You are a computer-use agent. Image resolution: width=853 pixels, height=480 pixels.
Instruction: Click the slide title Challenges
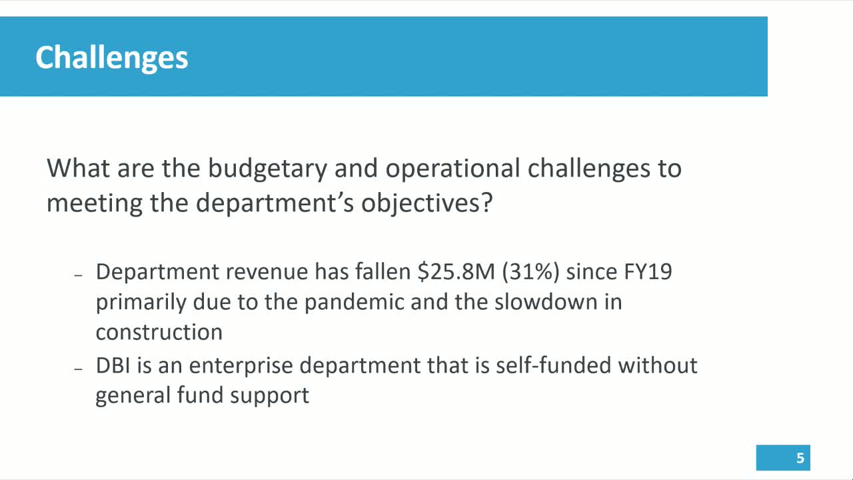click(111, 57)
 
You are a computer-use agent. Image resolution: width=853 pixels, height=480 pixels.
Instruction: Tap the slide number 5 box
click(783, 458)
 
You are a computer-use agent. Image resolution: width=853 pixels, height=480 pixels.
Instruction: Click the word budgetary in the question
click(267, 168)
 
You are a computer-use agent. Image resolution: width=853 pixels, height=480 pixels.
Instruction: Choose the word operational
click(452, 168)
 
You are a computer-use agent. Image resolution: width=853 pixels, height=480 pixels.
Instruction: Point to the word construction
click(159, 332)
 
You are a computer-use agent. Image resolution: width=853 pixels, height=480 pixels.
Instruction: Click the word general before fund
click(133, 396)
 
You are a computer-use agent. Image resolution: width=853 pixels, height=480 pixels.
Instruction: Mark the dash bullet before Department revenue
click(78, 275)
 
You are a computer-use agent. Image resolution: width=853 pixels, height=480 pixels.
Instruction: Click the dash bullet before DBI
click(78, 368)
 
